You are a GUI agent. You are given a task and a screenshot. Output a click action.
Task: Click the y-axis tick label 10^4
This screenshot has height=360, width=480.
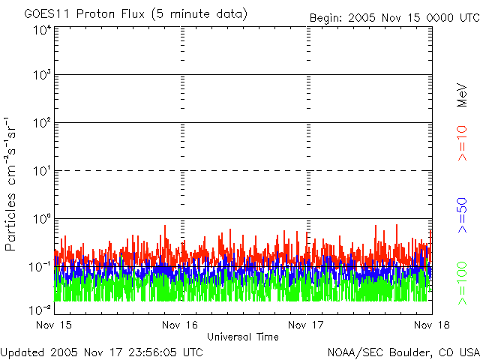(42, 30)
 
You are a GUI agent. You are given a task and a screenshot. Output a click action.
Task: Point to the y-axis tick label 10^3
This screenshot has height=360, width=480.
(42, 75)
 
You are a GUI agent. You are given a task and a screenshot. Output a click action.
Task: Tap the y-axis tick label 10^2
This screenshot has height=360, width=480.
(42, 122)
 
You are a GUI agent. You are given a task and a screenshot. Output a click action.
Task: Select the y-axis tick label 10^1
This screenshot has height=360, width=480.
(42, 170)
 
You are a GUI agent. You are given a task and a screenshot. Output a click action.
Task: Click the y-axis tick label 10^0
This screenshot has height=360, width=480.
(42, 218)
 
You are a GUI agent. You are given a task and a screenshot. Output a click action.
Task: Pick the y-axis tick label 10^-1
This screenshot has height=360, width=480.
(40, 266)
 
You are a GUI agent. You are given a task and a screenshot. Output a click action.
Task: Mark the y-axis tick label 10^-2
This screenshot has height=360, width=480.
(40, 309)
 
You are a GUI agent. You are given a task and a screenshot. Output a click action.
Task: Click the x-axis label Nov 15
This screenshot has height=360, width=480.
(55, 325)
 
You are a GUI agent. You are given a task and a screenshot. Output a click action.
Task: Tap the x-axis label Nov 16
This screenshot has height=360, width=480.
(181, 325)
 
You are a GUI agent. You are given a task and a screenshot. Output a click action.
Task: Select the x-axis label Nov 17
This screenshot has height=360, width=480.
(307, 325)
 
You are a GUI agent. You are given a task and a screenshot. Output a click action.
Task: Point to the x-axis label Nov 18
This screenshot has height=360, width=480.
(432, 325)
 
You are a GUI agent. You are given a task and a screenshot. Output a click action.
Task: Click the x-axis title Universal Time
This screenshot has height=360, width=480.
(243, 337)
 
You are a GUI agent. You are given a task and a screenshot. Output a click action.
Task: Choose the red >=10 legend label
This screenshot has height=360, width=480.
(462, 144)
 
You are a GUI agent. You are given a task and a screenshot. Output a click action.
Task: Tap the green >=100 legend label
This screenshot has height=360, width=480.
(462, 283)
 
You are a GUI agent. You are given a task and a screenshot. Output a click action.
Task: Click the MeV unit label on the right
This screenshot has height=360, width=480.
(462, 94)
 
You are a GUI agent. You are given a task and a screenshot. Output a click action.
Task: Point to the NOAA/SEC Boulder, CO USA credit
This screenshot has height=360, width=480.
(403, 352)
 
